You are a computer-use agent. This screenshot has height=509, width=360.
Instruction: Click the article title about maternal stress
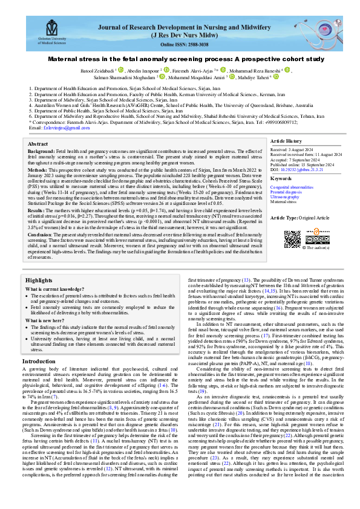pyautogui.click(x=180, y=60)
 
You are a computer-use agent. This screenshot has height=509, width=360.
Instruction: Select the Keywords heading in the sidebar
pyautogui.click(x=281, y=179)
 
